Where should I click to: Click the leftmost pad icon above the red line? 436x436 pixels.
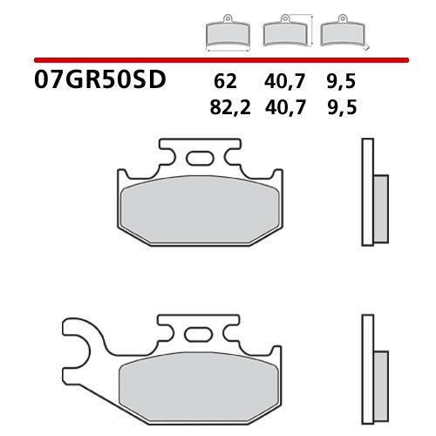(226, 34)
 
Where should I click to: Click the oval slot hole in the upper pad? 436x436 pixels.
(200, 159)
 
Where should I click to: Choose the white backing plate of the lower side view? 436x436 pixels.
(367, 366)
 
